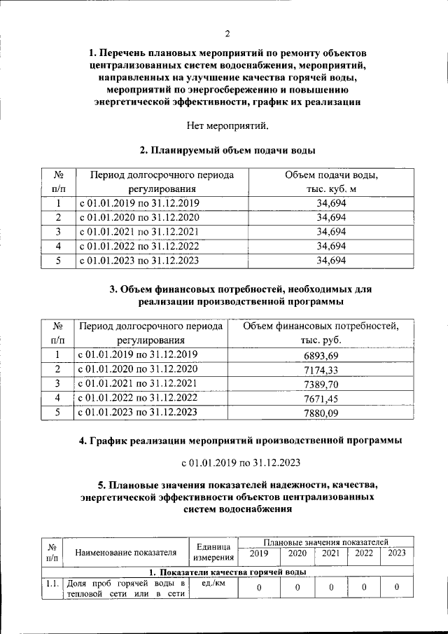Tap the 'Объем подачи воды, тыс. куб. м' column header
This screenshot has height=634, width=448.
331,181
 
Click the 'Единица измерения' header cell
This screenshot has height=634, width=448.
213,551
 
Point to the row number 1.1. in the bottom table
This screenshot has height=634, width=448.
51,583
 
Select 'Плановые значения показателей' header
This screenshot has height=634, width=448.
325,542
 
